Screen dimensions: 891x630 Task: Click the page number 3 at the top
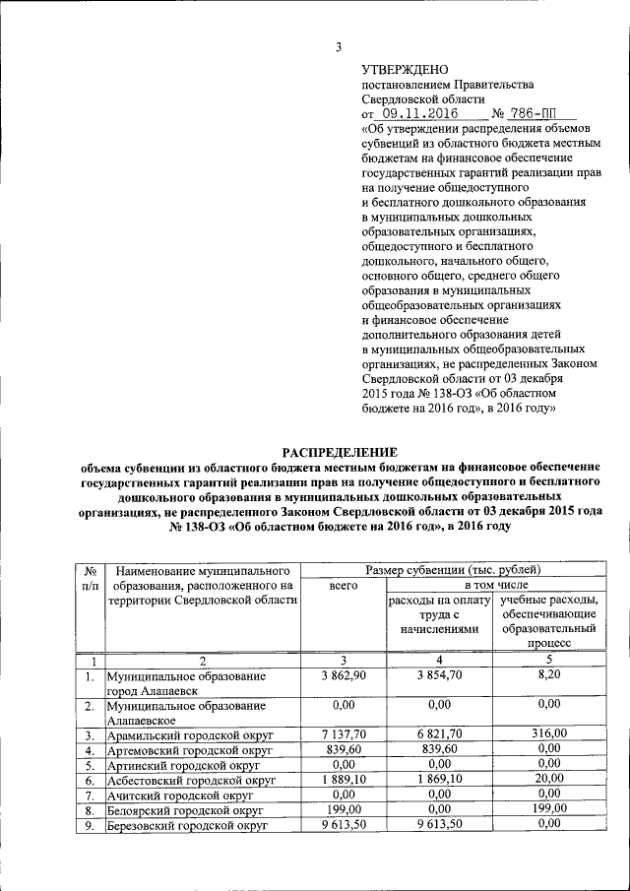[x=338, y=47]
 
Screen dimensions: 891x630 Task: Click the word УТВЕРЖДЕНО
[x=405, y=70]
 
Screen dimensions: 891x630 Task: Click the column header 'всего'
[x=344, y=585]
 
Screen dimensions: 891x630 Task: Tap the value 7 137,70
[x=344, y=733]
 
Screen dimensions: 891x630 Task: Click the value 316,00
[x=547, y=733]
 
